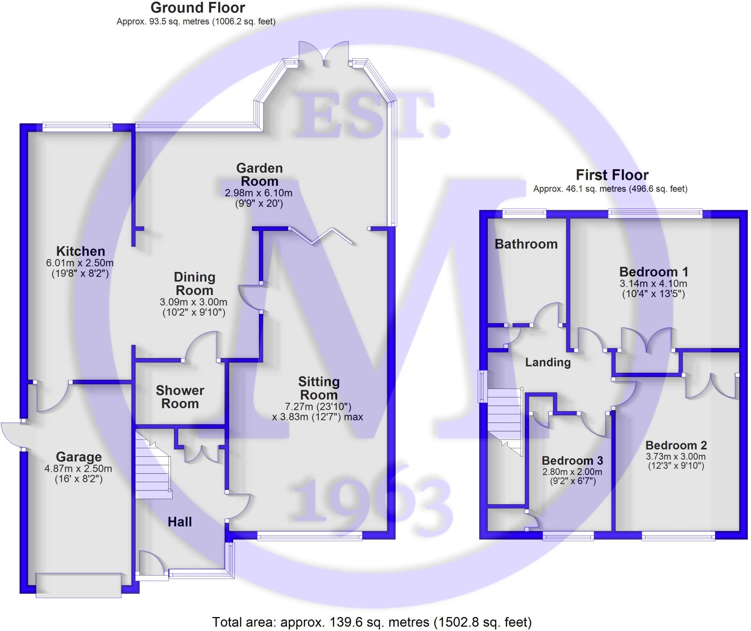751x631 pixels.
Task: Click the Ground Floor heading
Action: (198, 8)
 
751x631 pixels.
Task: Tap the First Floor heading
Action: (612, 175)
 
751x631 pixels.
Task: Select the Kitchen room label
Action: (81, 251)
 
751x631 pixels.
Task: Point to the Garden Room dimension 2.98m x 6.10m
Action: (259, 193)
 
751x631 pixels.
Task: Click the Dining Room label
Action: (194, 284)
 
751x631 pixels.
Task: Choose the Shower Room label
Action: (180, 397)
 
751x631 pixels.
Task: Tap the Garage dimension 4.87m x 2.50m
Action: (78, 468)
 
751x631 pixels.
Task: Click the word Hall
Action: (180, 522)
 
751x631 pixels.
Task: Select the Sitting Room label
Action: (319, 388)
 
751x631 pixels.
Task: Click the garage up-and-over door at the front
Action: (78, 585)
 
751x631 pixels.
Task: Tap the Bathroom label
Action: (526, 244)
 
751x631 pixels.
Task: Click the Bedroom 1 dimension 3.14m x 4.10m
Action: (653, 284)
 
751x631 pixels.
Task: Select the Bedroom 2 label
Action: (676, 445)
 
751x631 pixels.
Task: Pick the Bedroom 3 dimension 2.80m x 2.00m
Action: (572, 472)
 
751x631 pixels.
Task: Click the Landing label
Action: (548, 362)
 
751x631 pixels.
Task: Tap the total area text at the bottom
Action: (372, 622)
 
